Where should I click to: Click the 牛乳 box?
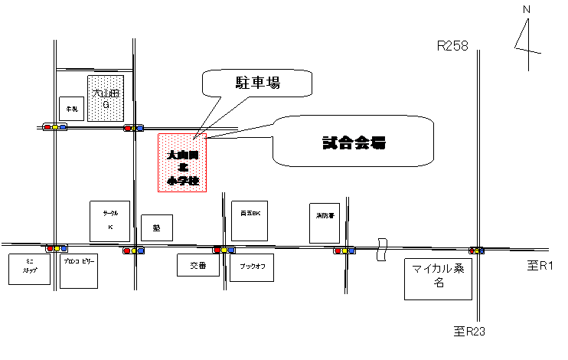71,109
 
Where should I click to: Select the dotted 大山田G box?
106,98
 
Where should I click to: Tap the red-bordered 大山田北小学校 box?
182,162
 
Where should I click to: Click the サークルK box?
109,221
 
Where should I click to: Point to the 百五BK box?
250,221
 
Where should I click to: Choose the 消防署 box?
325,223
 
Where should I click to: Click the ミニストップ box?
29,269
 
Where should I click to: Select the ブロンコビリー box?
79,271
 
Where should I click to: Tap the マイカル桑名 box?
438,279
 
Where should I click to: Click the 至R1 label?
541,269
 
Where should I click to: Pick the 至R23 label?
478,332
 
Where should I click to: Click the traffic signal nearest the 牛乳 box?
55,127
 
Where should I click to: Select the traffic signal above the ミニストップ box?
57,249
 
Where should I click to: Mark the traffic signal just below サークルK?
134,250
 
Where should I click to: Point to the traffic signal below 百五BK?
224,250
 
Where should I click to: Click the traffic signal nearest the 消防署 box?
344,250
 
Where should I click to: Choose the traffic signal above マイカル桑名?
477,250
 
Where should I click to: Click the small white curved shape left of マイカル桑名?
381,250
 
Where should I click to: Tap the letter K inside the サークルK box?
109,227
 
